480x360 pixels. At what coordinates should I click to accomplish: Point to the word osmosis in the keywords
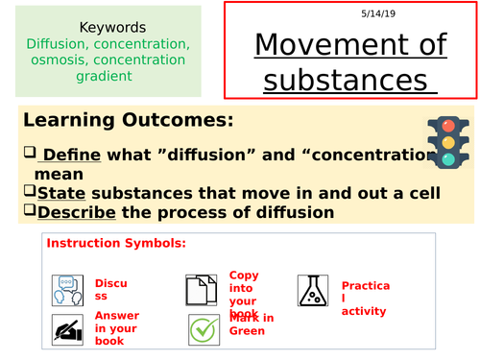pos(60,60)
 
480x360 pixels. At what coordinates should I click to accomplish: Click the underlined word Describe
pos(69,212)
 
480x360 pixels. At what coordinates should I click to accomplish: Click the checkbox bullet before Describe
pos(13,212)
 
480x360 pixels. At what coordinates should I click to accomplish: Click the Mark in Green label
pos(251,324)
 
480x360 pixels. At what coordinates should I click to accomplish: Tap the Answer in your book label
pos(116,327)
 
